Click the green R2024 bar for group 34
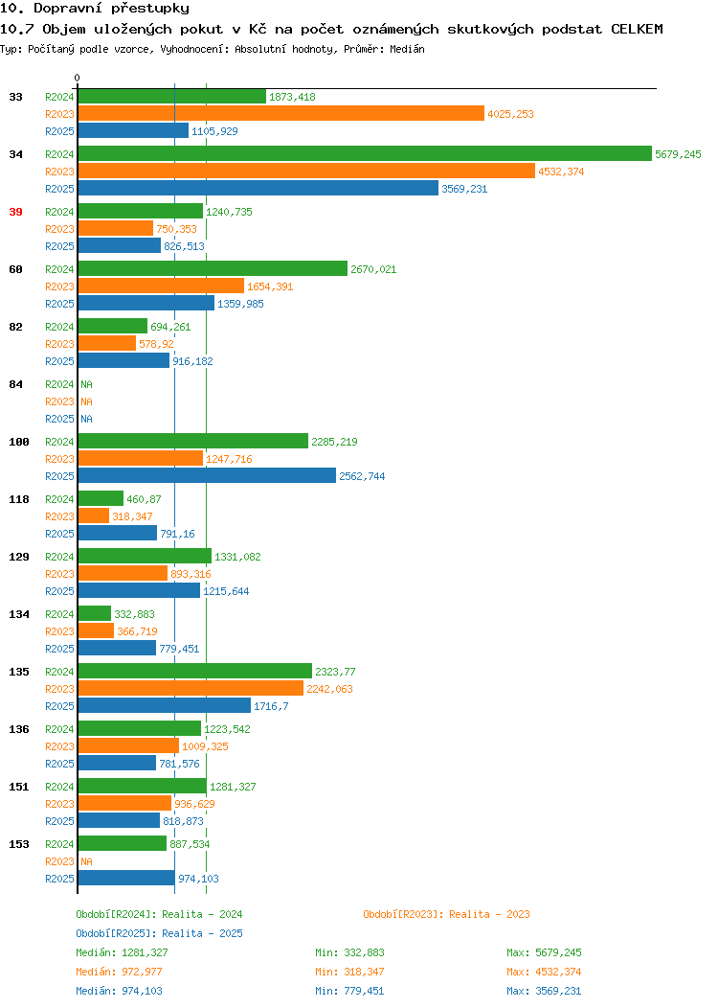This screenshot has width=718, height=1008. pos(365,153)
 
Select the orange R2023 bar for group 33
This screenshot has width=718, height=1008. pos(281,114)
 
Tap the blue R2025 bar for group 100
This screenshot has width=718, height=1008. pos(207,475)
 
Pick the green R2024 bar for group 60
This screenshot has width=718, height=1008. pos(213,268)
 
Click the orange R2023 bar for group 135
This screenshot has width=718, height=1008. pos(191,689)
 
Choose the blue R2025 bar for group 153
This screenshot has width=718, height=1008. pos(126,878)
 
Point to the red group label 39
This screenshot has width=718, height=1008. pos(15,212)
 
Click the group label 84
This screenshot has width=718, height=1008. pos(15,384)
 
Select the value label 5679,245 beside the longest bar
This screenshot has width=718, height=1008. pos(678,154)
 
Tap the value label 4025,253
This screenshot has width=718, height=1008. pos(510,114)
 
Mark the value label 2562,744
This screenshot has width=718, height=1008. pos(362,476)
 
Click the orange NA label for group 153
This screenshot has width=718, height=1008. pos(87,861)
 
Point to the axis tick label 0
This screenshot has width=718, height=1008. pos(78,78)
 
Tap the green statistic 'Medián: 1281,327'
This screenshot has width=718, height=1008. pos(122,952)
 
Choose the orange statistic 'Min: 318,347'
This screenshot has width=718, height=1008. pos(349,972)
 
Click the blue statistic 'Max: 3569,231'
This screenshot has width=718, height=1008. pos(544,992)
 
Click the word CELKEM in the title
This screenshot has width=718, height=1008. pos(637,29)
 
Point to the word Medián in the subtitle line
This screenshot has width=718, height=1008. pos(407,49)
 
